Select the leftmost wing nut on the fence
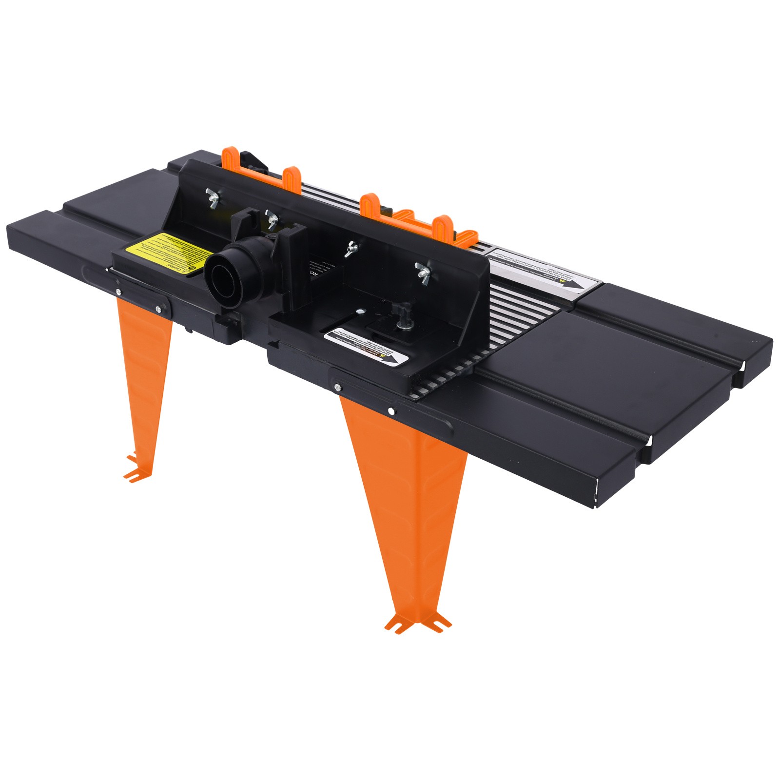pos(213,197)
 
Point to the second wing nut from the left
pos(270,217)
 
